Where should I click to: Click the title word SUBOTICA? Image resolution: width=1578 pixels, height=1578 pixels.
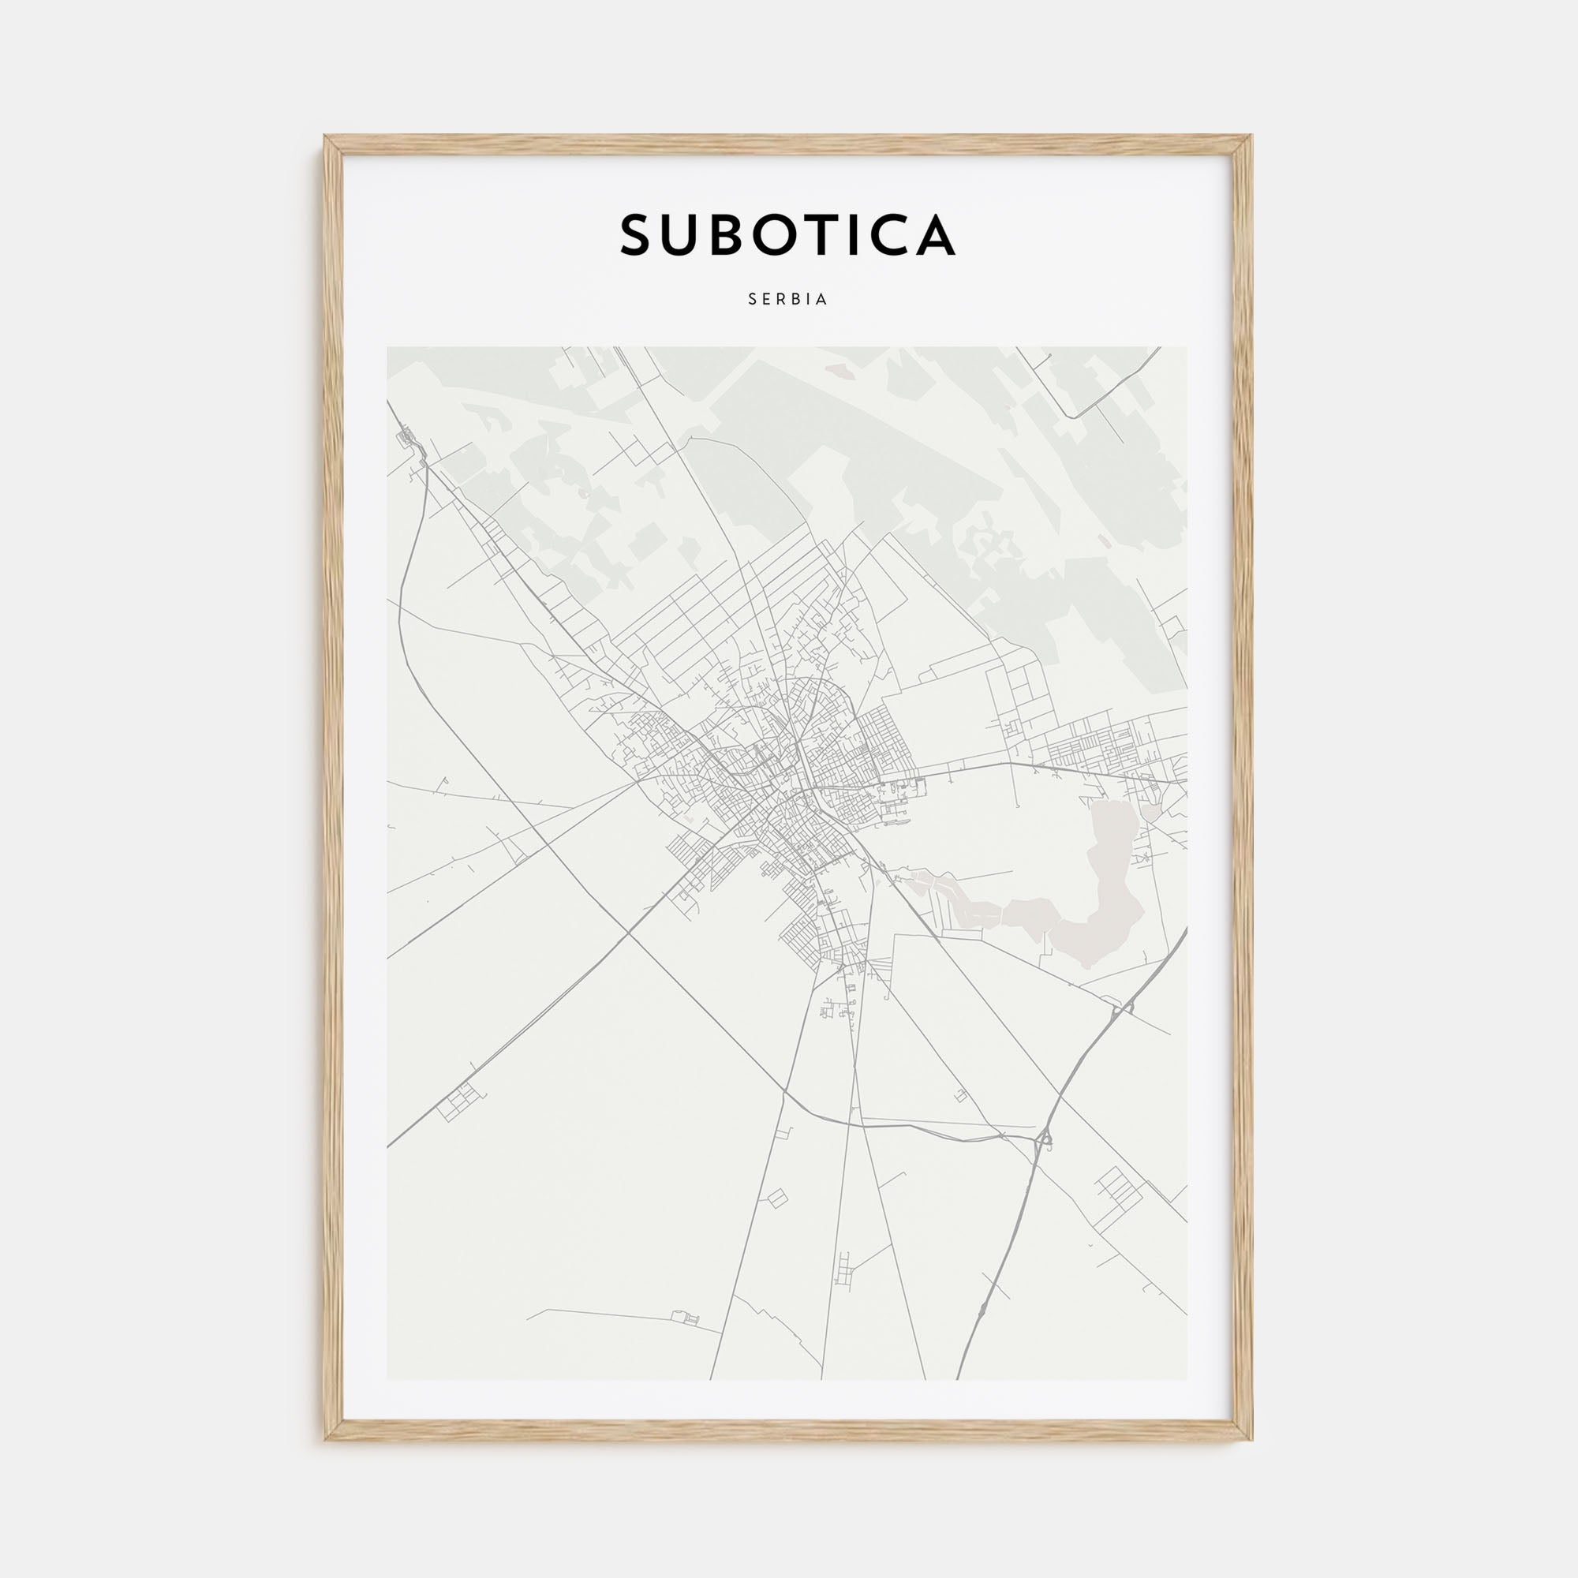click(787, 235)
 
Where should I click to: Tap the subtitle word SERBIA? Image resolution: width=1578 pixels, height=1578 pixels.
click(788, 300)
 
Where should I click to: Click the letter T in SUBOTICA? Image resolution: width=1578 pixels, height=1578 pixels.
click(836, 235)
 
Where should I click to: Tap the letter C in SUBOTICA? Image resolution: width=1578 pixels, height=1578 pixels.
click(892, 235)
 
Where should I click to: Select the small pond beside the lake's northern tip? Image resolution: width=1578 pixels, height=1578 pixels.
click(1150, 811)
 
